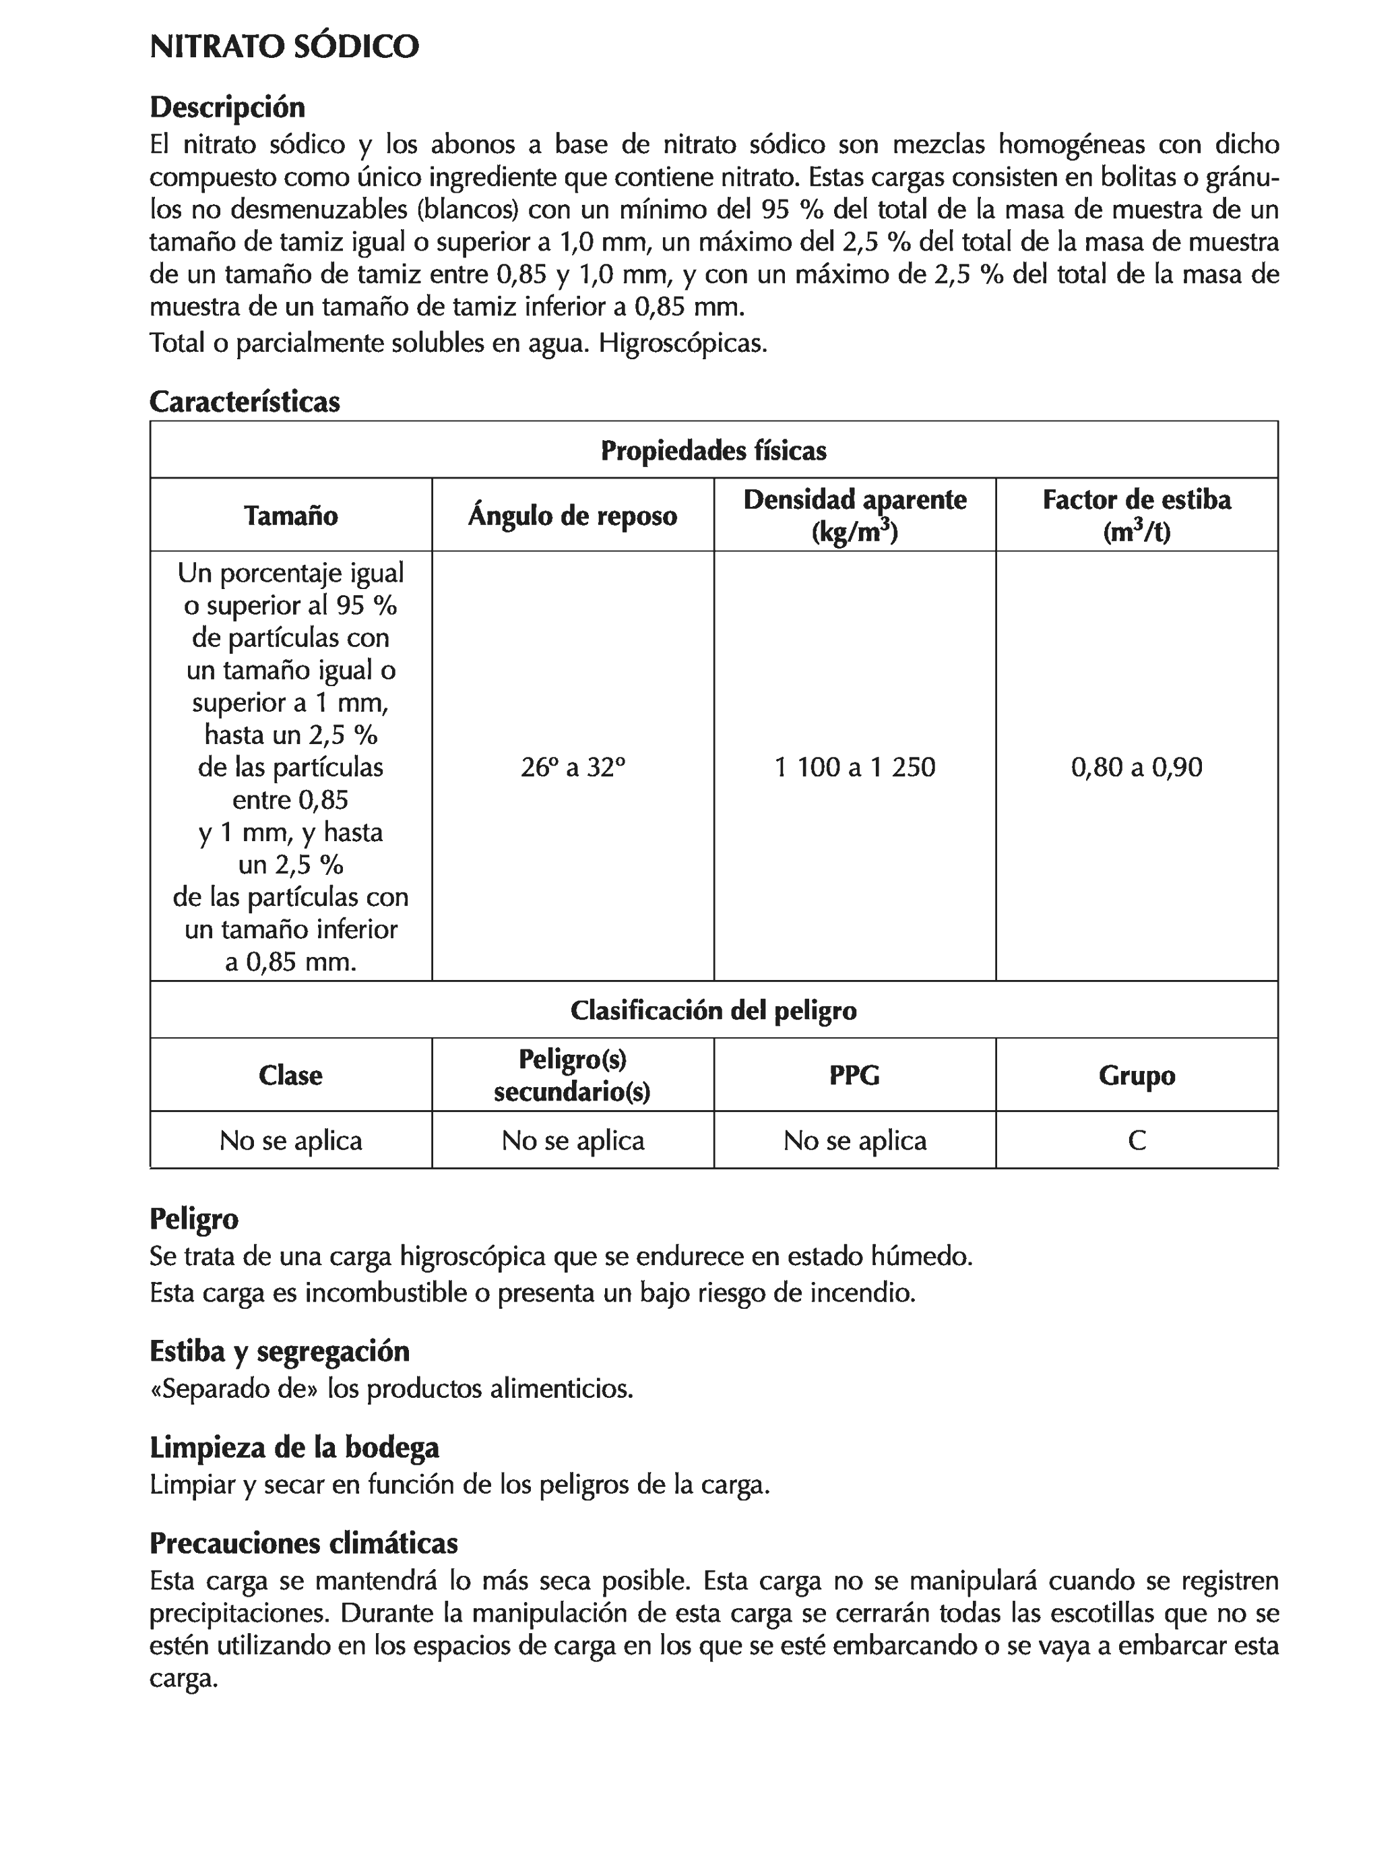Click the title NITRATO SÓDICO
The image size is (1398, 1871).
point(284,47)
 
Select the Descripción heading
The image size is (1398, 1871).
point(226,107)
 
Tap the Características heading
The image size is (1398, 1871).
point(245,401)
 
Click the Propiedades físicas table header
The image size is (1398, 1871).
point(713,451)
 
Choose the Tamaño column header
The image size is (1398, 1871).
point(290,515)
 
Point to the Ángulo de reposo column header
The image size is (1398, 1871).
point(572,515)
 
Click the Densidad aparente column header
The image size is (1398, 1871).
point(854,514)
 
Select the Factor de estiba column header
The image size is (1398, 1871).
point(1136,514)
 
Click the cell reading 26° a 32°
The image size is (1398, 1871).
point(572,767)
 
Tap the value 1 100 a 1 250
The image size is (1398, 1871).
point(854,767)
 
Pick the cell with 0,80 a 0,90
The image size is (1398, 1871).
point(1136,767)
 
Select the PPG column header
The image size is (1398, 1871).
point(854,1075)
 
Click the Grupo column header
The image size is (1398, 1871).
point(1136,1075)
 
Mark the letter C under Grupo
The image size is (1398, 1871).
point(1136,1140)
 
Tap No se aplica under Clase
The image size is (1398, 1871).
point(290,1140)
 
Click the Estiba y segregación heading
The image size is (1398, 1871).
point(279,1351)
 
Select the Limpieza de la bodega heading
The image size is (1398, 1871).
point(294,1447)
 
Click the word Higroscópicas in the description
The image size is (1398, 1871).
point(682,344)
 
